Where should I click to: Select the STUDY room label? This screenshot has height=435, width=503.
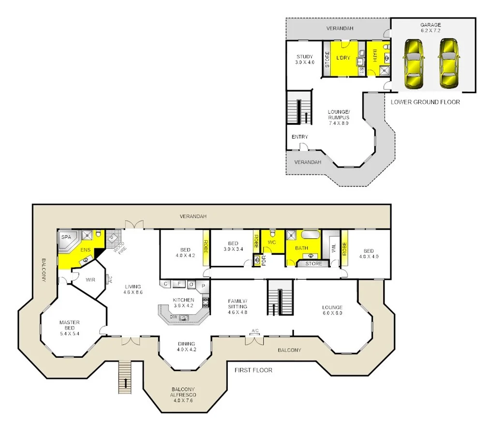(305, 59)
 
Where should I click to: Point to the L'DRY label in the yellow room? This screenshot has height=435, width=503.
(343, 58)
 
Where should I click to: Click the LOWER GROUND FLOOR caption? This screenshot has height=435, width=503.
(425, 102)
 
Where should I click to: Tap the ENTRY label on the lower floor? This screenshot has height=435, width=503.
(299, 137)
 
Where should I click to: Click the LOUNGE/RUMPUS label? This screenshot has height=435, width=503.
(338, 117)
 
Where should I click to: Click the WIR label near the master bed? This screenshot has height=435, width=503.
(90, 280)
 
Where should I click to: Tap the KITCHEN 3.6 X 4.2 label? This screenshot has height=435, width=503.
(183, 303)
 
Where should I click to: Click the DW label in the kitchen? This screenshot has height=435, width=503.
(172, 317)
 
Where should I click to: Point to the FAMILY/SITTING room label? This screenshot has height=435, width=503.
(237, 306)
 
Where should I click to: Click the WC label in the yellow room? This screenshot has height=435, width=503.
(271, 242)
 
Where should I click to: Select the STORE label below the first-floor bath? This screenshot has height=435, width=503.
(313, 264)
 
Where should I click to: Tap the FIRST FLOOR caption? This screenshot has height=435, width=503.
(253, 370)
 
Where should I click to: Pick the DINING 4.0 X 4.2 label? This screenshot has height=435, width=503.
(186, 347)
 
